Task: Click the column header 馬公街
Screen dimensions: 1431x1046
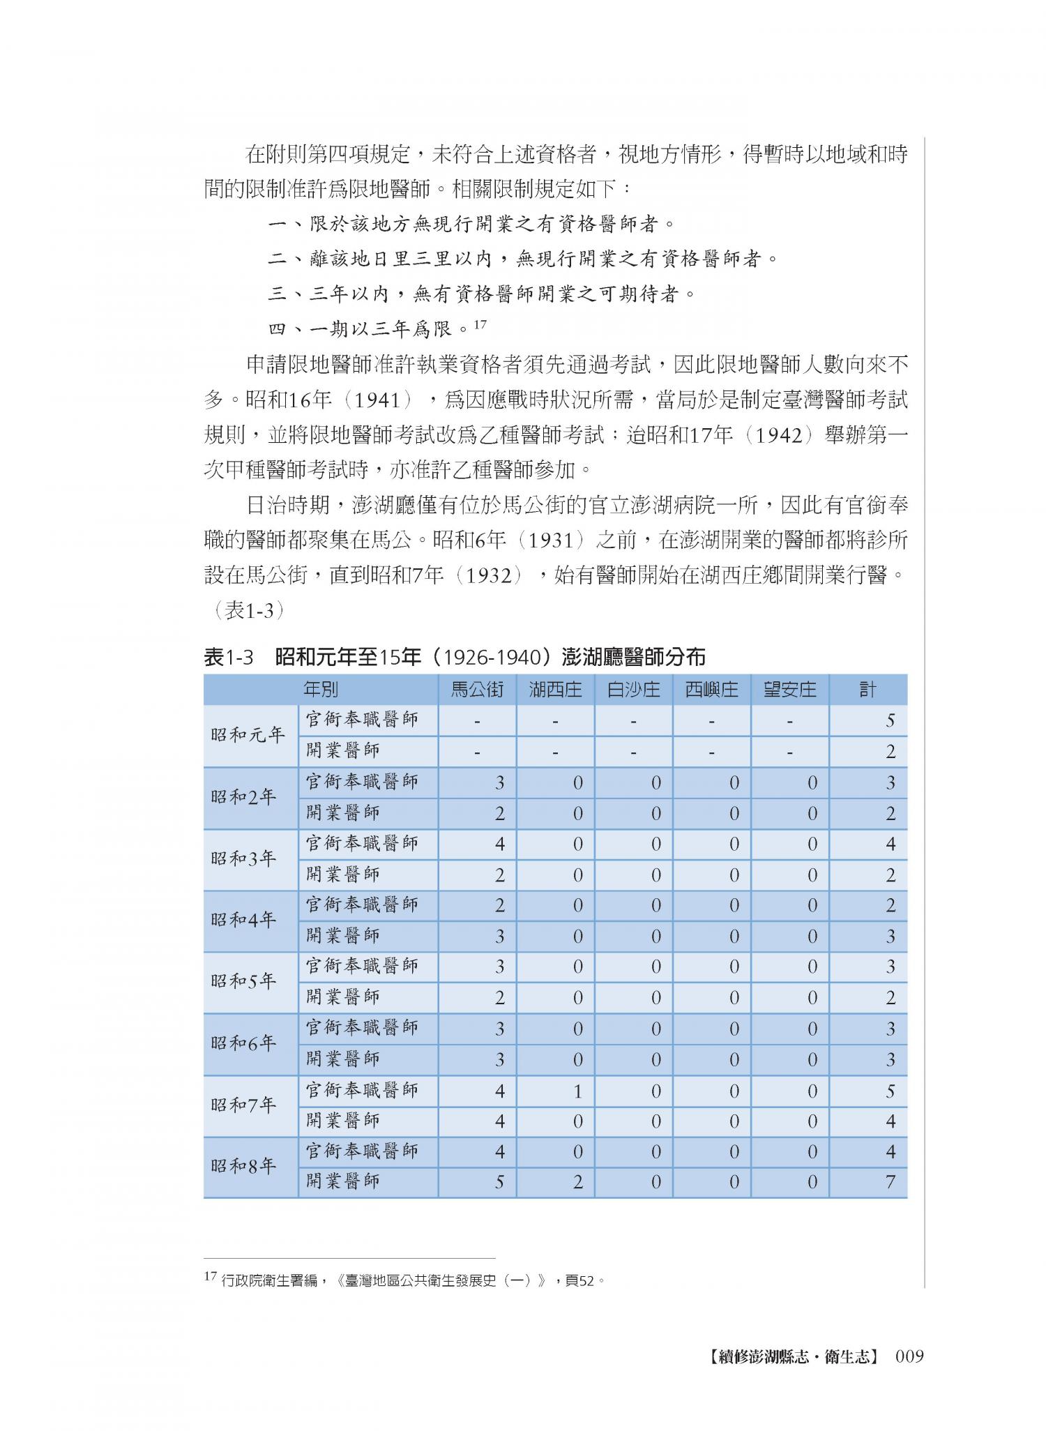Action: point(477,690)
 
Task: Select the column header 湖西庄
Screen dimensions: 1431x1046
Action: point(555,690)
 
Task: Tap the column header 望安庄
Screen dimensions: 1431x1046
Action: point(789,690)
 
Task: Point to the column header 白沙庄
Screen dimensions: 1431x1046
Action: point(633,690)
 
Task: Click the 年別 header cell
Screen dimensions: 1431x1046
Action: point(321,690)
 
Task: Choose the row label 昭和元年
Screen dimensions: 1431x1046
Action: point(249,736)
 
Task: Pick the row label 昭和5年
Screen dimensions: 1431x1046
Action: point(249,982)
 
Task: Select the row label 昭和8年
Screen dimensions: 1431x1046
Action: point(249,1167)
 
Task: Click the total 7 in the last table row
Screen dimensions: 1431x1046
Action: point(890,1183)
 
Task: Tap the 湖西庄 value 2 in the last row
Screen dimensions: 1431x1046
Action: point(577,1183)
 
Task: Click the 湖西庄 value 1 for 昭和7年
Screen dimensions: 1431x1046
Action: point(577,1091)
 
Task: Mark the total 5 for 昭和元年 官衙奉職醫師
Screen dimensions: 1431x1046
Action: point(890,720)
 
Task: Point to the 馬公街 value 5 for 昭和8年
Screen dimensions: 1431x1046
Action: point(499,1183)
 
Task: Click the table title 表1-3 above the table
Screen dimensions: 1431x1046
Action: point(227,657)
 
